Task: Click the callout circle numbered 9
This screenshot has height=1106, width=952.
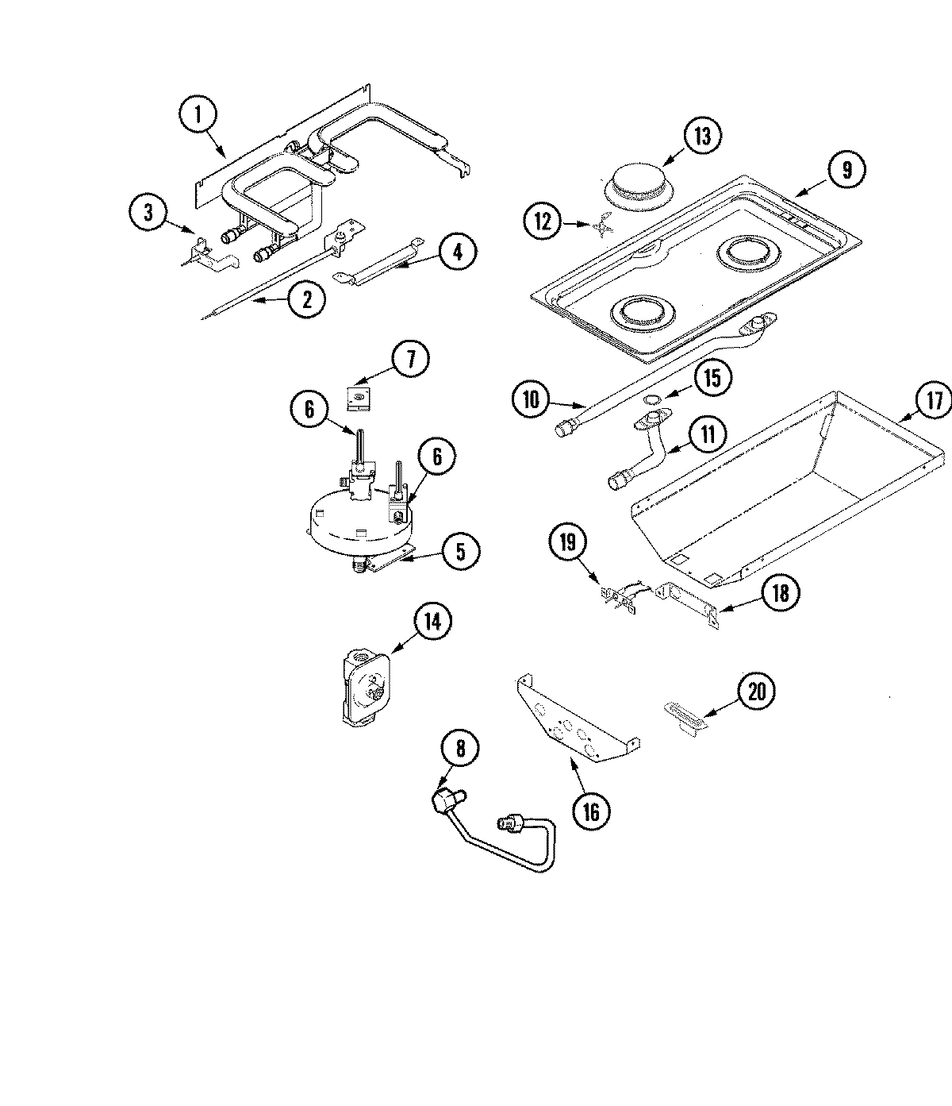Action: click(846, 169)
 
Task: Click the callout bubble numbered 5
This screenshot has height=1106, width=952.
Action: click(460, 551)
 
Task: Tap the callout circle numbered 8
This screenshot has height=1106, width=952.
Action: click(460, 747)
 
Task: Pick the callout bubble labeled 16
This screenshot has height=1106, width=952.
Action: click(591, 811)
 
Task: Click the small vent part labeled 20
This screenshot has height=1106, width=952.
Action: click(685, 712)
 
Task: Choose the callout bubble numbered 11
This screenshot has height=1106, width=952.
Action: click(707, 434)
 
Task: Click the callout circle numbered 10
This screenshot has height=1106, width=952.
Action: click(530, 399)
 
